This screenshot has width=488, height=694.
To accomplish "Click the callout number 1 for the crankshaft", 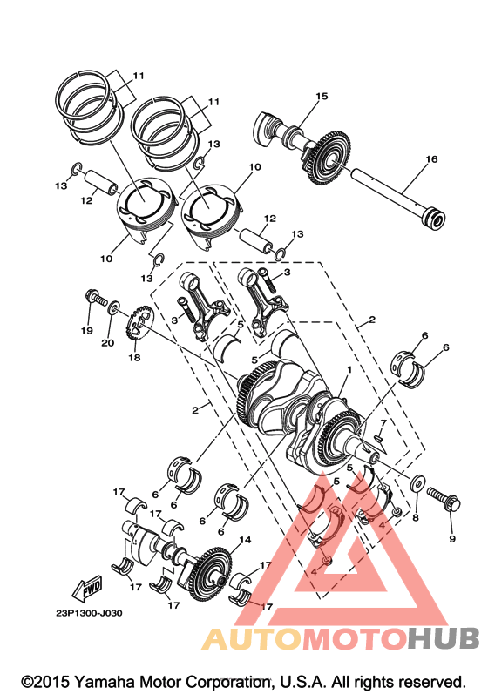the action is point(349,369).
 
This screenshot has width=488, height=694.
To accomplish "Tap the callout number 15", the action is point(322,96).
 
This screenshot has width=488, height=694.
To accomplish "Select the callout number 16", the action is point(431,158).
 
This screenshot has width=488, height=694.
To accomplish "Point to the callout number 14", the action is point(245,540).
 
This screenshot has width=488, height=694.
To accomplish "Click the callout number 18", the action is point(134,357).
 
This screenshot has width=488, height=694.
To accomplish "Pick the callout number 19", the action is point(87,330).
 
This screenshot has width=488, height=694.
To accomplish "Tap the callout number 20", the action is point(107,342).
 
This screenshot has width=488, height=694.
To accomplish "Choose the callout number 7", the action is point(383,422).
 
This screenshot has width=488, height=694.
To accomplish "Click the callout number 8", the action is point(415,517).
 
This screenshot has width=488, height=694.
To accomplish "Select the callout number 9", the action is point(452,539).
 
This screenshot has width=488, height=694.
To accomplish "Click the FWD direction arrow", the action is point(87,589).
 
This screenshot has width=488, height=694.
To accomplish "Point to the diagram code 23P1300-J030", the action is point(89,613).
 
